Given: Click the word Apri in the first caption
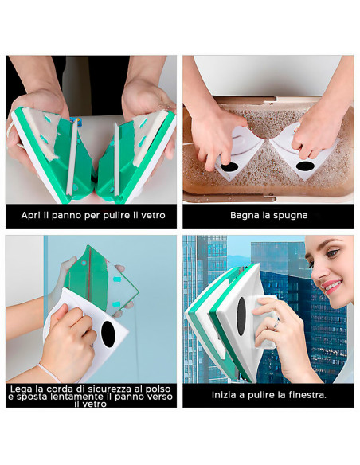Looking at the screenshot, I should tap(30, 215).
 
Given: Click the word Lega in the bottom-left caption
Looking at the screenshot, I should tap(22, 388).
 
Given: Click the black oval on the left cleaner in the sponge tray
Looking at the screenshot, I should tap(229, 168).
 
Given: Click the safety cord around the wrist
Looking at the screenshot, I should tap(49, 372).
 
